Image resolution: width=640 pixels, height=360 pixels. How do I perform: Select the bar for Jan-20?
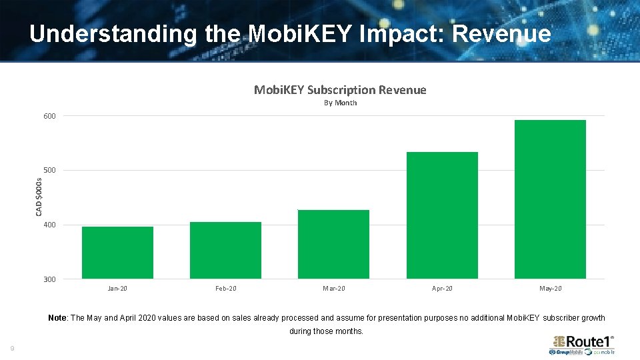pos(117,253)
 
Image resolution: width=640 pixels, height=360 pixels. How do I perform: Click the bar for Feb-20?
pos(225,250)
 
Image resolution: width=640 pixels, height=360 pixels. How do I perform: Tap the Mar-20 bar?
pos(333,244)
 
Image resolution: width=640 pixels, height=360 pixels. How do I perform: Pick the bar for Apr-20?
pos(442,215)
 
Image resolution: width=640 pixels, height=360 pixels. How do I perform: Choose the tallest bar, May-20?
pos(550,199)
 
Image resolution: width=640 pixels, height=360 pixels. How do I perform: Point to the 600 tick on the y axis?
pos(50,116)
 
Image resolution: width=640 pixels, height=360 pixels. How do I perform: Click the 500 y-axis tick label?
pos(50,171)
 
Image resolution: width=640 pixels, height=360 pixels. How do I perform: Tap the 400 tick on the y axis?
pos(50,225)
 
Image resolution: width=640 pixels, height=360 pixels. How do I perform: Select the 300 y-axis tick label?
pos(50,279)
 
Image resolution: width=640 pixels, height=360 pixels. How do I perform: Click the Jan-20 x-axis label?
pos(117,289)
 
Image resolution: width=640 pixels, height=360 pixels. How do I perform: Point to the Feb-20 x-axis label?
pos(225,289)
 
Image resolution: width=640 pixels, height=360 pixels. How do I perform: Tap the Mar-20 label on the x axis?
pos(333,289)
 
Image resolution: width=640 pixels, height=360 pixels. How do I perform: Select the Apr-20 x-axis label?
pos(442,289)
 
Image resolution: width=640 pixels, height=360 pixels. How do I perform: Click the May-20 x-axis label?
pos(550,289)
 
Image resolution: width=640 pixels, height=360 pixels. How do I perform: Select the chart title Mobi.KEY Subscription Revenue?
pos(340,90)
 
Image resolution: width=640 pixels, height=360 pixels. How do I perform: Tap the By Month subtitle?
pos(340,103)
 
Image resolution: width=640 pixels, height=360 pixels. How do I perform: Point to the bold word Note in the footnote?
pos(57,318)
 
